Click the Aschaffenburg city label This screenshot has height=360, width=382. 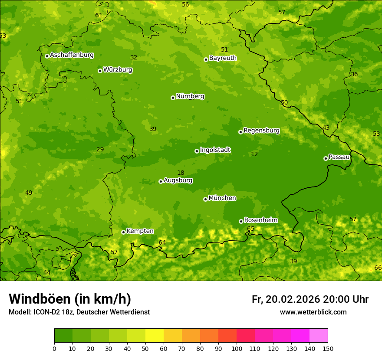[x=72, y=55]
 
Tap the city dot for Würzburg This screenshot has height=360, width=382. [x=100, y=71]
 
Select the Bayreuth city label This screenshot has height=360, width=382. [x=223, y=58]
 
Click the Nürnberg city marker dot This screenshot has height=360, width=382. [x=173, y=98]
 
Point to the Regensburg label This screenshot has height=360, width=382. [x=261, y=130]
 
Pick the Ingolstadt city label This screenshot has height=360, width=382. [x=215, y=150]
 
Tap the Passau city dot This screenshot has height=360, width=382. [x=326, y=158]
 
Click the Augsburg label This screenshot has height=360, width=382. [x=178, y=180]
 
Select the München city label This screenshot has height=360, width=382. [x=222, y=198]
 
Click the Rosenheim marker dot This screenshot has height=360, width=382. [x=241, y=221]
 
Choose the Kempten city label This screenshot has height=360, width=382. [x=140, y=231]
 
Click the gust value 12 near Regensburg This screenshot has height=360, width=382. [x=254, y=154]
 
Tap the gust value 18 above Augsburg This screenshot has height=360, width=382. [x=181, y=173]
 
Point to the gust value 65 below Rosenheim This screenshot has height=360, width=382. [x=251, y=229]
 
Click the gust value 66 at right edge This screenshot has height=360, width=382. [x=378, y=268]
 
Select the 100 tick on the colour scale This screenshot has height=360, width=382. [x=237, y=348]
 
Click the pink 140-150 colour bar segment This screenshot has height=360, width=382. [x=319, y=335]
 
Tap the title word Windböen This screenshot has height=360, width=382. [x=39, y=299]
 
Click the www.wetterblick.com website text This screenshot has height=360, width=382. [x=313, y=312]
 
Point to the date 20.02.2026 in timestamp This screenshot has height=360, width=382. [x=293, y=299]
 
